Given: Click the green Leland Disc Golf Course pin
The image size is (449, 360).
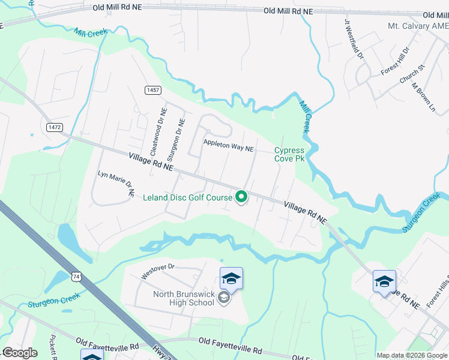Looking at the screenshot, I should pos(241,196).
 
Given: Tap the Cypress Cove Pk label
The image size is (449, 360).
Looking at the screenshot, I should pos(290,154).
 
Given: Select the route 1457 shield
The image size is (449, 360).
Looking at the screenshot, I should pos(153,90).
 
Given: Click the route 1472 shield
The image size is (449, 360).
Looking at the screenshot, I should pos(55,127).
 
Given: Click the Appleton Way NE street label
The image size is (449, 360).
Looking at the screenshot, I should pos(229,145).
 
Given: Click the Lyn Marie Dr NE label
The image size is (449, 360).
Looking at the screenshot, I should pos(116,184).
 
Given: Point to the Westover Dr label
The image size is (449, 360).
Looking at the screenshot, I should pos(157,271).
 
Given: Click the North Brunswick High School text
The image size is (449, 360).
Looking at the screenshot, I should pos(184,298).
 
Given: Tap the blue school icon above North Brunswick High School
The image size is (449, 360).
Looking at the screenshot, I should pos(231,278).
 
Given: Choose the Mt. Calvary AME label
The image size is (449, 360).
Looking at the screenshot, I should pos(418,26).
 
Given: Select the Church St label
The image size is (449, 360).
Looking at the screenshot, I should pos(411,74).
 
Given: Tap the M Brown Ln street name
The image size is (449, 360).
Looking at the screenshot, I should pos(423,96).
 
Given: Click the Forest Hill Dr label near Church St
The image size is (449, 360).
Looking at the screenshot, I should pos(394,61).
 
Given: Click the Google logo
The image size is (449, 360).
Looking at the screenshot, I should pos(20,353).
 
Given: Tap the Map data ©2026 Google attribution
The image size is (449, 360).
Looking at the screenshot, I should pos(412,355).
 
